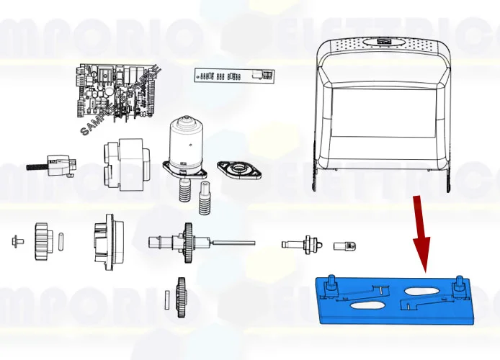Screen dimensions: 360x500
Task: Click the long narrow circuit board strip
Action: [234, 75]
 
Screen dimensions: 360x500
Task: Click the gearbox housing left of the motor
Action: [127, 162]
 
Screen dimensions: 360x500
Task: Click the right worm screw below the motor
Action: [205, 198]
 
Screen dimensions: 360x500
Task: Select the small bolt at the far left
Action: [17, 240]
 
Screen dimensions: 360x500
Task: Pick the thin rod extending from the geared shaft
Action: [234, 242]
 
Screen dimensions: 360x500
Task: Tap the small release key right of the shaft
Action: [345, 246]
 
